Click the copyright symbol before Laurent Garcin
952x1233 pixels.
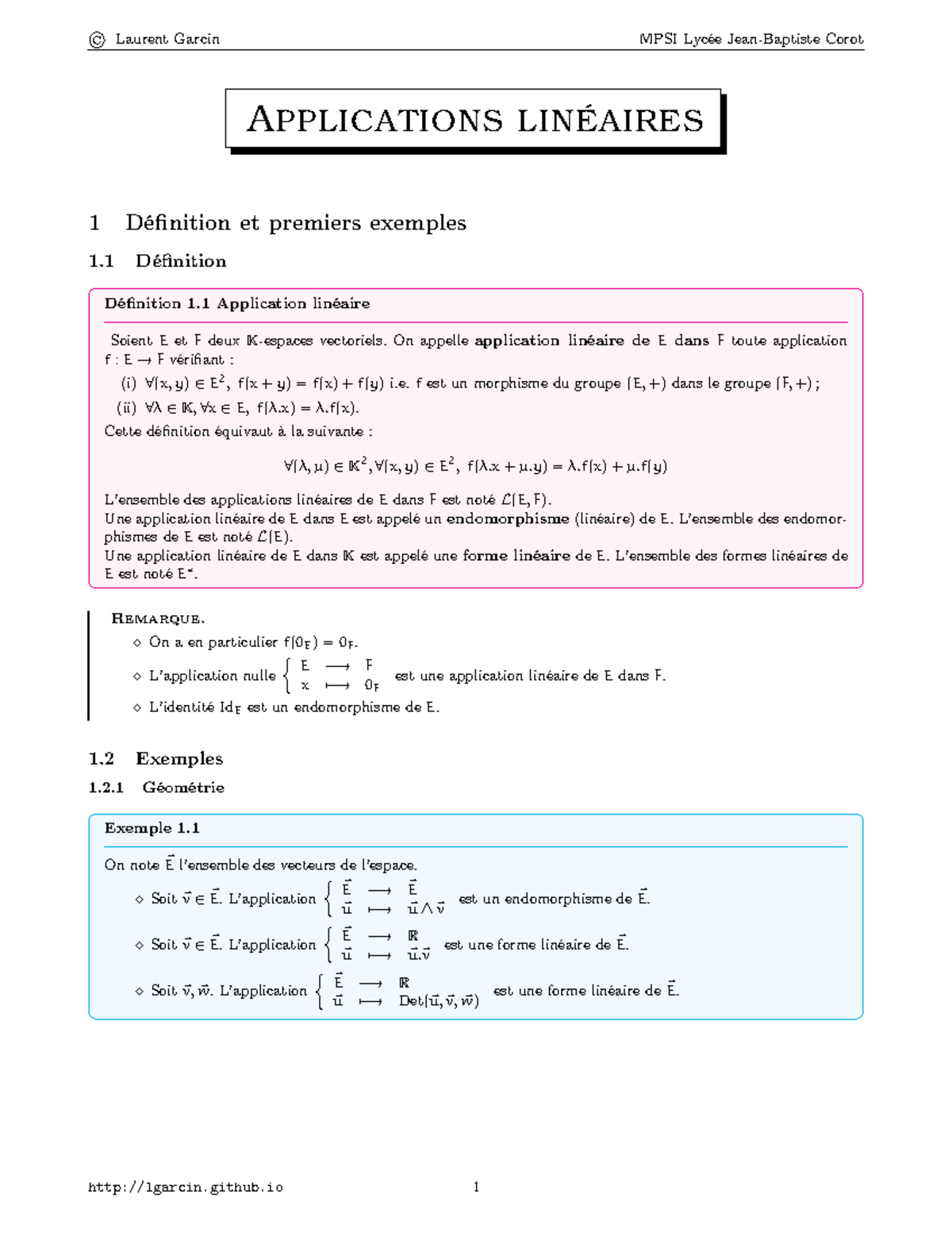coord(97,40)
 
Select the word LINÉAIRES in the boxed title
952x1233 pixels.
coord(610,121)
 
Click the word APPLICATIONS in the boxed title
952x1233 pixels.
coord(374,121)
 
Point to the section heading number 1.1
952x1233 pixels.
coord(102,261)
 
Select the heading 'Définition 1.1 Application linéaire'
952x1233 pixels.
coord(237,303)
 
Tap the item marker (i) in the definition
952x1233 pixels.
coord(129,384)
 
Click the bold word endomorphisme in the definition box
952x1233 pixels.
coord(508,519)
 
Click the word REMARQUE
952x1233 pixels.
coord(158,618)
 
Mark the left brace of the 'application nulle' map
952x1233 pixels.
coord(287,676)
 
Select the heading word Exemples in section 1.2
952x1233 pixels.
coord(179,758)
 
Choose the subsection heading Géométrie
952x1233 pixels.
coord(183,788)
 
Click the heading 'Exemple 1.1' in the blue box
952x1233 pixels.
coord(152,828)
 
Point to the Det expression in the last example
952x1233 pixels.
coord(439,1001)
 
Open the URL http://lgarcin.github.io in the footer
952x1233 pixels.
coord(186,1188)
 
